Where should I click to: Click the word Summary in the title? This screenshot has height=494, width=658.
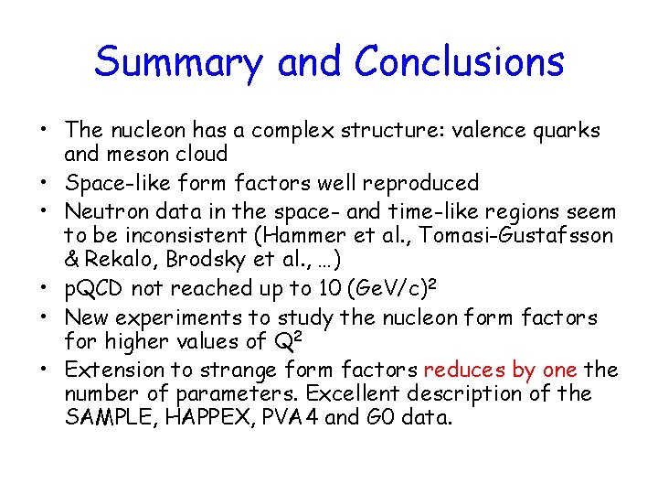click(179, 63)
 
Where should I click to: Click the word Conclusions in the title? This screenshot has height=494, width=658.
click(459, 61)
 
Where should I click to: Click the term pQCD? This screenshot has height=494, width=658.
click(94, 289)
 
